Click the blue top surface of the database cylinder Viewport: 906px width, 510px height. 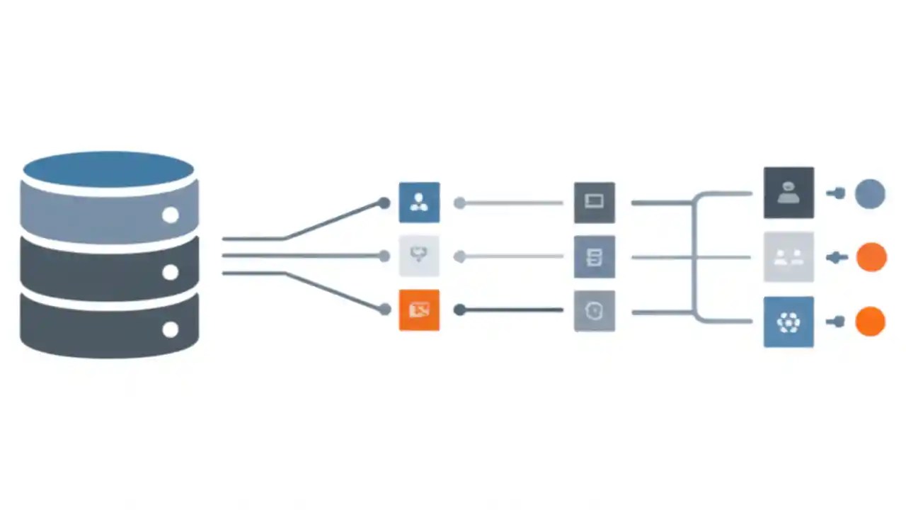tap(108, 169)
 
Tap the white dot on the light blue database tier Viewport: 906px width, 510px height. tap(170, 215)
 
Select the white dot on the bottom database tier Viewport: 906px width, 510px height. tap(170, 329)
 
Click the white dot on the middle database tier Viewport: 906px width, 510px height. tap(170, 272)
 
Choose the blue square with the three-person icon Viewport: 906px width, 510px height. tap(419, 202)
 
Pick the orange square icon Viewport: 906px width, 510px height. tap(419, 310)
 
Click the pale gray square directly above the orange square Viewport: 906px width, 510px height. tap(419, 256)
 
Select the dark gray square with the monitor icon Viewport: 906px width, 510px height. tap(594, 202)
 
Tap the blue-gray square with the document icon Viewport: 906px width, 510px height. tap(594, 256)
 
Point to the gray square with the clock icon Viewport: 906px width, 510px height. tap(594, 310)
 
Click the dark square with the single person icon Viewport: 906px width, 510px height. tap(789, 193)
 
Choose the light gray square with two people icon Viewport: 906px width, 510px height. tap(789, 257)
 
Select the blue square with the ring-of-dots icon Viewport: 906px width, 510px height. tap(789, 322)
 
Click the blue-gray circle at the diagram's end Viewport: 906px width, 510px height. tap(870, 193)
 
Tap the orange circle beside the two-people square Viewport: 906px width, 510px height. tap(871, 257)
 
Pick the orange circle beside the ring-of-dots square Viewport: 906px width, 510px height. tap(870, 322)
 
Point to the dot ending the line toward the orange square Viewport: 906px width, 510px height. tap(384, 310)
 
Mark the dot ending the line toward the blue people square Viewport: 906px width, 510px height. tap(384, 203)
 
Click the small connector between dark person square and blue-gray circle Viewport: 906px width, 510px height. tap(837, 193)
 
